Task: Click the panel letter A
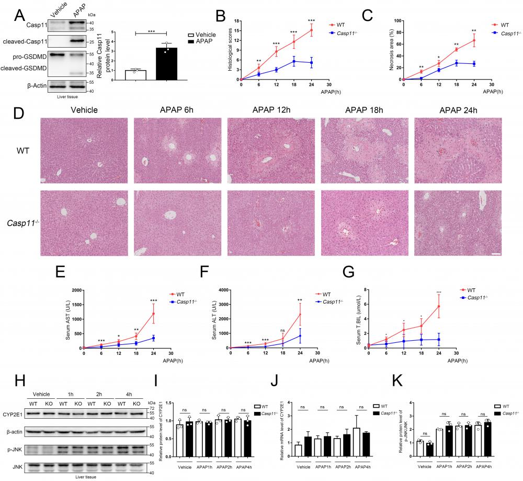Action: point(19,15)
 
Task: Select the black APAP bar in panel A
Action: point(166,63)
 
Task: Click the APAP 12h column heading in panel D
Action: point(270,110)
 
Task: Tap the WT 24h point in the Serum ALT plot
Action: point(300,314)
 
